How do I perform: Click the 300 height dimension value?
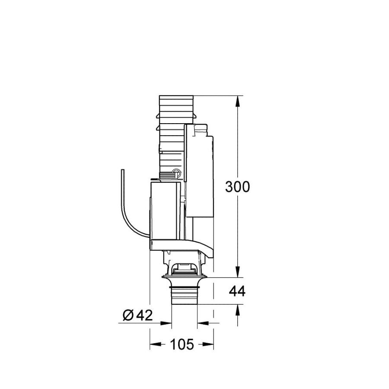pyautogui.click(x=237, y=187)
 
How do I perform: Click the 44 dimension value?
pyautogui.click(x=237, y=291)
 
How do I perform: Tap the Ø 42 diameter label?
pyautogui.click(x=138, y=316)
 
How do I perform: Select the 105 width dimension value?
pyautogui.click(x=182, y=344)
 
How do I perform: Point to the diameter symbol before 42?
pyautogui.click(x=128, y=316)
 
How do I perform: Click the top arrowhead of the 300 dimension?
pyautogui.click(x=238, y=101)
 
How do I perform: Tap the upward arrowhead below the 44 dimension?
pyautogui.click(x=238, y=310)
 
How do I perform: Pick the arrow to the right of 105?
pyautogui.click(x=208, y=344)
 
